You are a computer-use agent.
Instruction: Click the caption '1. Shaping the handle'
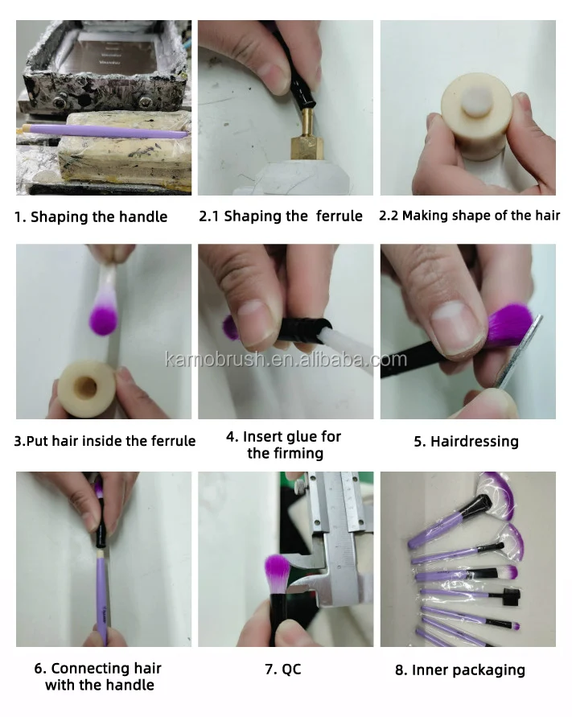pyautogui.click(x=91, y=216)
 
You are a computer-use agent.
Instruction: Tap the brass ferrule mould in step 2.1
pyautogui.click(x=307, y=136)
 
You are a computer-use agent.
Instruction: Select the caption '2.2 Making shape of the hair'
pyautogui.click(x=469, y=216)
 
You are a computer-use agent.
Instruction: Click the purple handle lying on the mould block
pyautogui.click(x=106, y=130)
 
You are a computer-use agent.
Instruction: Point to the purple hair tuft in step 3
pyautogui.click(x=102, y=318)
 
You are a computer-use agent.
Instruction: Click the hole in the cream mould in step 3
pyautogui.click(x=85, y=387)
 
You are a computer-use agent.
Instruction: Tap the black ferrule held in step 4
pyautogui.click(x=302, y=328)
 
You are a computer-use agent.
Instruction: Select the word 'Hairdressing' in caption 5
pyautogui.click(x=475, y=441)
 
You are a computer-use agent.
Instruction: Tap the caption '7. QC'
pyautogui.click(x=283, y=670)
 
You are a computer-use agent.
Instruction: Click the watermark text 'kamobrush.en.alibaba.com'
pyautogui.click(x=286, y=360)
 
